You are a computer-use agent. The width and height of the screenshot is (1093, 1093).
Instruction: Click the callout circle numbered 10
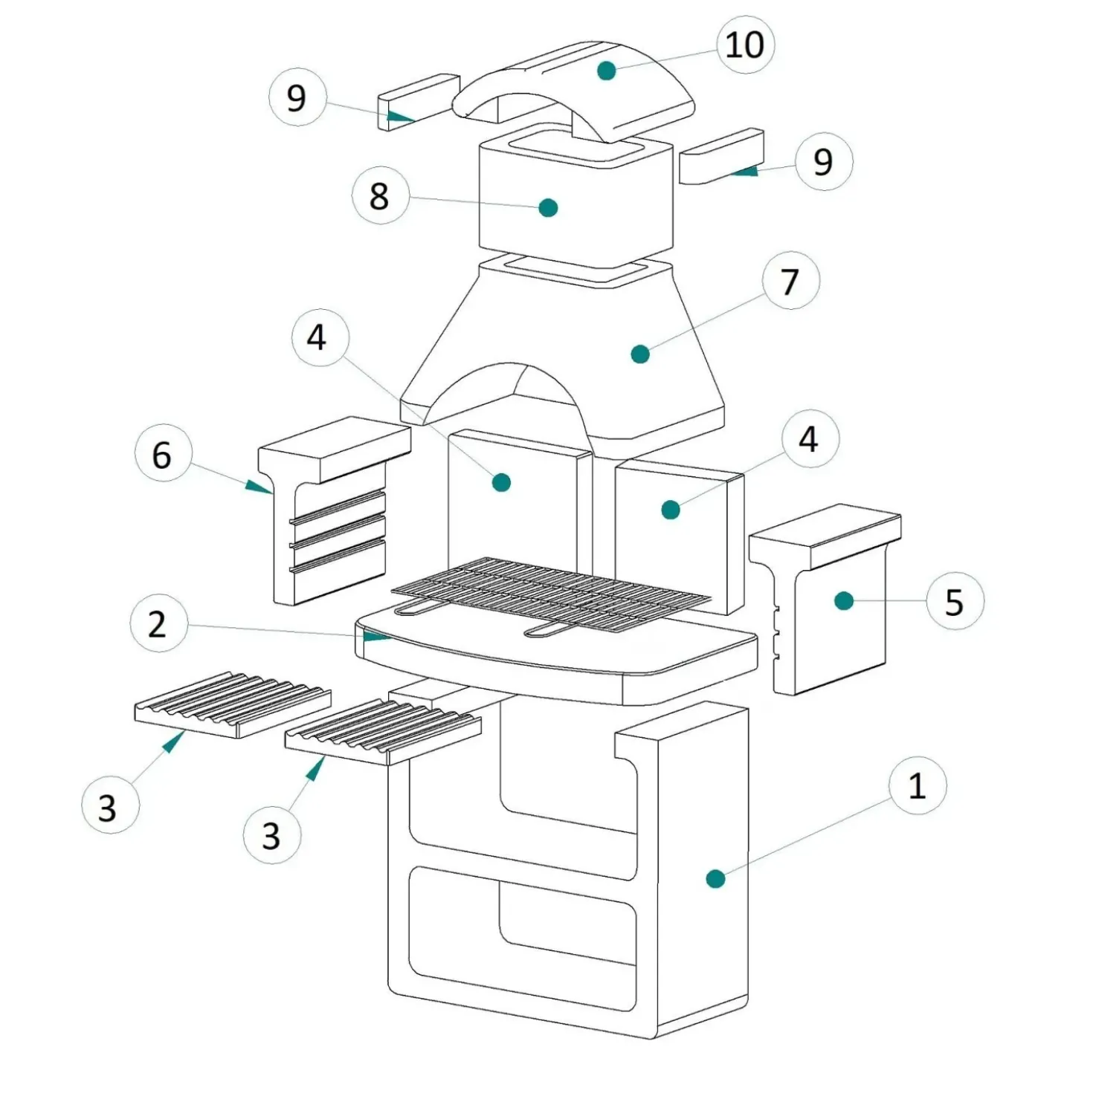[746, 45]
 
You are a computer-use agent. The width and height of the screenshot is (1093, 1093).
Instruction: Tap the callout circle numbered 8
[380, 195]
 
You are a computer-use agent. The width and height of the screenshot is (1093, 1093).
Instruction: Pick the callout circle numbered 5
[955, 601]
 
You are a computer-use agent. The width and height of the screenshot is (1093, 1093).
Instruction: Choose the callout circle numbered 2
[158, 624]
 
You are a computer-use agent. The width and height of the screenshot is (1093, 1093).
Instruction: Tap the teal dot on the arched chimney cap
[607, 70]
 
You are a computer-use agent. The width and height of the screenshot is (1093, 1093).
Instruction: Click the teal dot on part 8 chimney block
[548, 207]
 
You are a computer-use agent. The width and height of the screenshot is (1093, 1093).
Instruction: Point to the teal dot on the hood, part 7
[640, 354]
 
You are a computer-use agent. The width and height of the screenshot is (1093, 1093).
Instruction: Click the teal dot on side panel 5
[845, 601]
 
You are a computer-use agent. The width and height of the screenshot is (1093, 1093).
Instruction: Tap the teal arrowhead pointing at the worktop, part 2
[376, 637]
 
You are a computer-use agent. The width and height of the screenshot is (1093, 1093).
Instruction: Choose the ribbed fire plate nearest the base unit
[384, 733]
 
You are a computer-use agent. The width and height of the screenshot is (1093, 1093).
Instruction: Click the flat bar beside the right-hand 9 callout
[721, 156]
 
